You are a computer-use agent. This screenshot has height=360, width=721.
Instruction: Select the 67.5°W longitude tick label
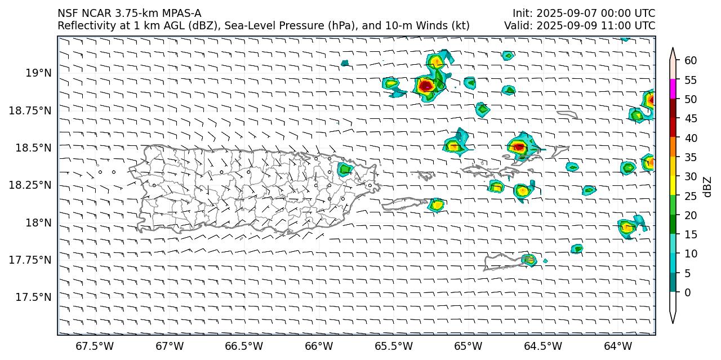[91, 345]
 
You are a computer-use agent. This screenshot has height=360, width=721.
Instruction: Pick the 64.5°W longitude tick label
[546, 345]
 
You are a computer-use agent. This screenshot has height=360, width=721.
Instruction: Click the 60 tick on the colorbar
[691, 61]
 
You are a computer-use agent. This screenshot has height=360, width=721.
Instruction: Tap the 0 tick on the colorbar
[688, 292]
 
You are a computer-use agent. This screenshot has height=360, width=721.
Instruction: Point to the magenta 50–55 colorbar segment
[673, 90]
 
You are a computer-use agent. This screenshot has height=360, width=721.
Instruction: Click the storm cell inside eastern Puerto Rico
[345, 169]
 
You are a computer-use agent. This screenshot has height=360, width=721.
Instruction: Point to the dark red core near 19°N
[425, 85]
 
